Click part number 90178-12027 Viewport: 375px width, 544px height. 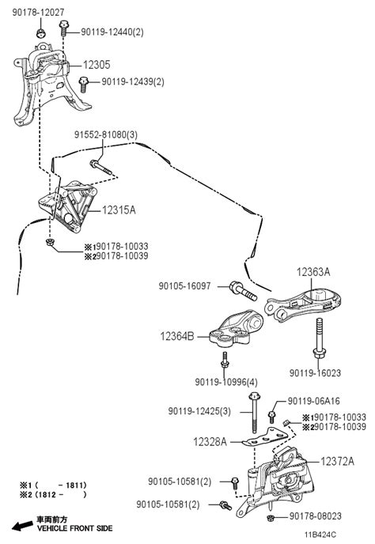click(39, 13)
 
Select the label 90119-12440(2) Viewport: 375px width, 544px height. click(112, 32)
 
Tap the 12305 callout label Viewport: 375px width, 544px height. click(97, 65)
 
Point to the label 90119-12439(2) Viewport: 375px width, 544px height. click(133, 82)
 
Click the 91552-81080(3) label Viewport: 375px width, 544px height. click(106, 134)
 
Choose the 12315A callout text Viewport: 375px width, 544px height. click(119, 210)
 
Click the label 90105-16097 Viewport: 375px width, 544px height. click(184, 286)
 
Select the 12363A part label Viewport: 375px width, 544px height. click(313, 272)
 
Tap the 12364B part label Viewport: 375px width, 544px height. click(177, 336)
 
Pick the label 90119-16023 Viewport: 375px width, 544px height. click(316, 373)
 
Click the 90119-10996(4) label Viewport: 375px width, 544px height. click(226, 382)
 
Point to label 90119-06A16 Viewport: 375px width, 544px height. click(314, 401)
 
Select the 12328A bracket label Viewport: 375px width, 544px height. click(210, 442)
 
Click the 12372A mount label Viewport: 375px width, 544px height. click(338, 462)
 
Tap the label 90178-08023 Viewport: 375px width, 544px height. click(316, 516)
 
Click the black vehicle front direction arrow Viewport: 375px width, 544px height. click(23, 526)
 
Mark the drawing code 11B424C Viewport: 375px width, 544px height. click(320, 535)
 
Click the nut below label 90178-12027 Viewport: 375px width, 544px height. click(40, 33)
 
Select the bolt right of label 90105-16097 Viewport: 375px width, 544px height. click(243, 292)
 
